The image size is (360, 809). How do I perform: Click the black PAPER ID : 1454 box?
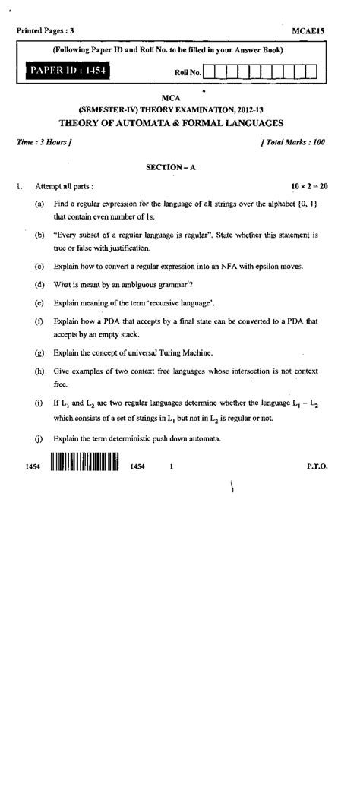pyautogui.click(x=68, y=71)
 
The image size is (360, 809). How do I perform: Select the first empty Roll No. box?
pyautogui.click(x=212, y=72)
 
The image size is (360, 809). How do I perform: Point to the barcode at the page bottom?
pyautogui.click(x=85, y=463)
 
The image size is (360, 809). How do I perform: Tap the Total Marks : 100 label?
pyautogui.click(x=293, y=141)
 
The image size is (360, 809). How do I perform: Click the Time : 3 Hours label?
pyautogui.click(x=43, y=141)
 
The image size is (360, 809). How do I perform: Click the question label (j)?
pyautogui.click(x=39, y=438)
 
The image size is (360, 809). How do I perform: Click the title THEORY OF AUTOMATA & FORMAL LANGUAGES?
pyautogui.click(x=171, y=122)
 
